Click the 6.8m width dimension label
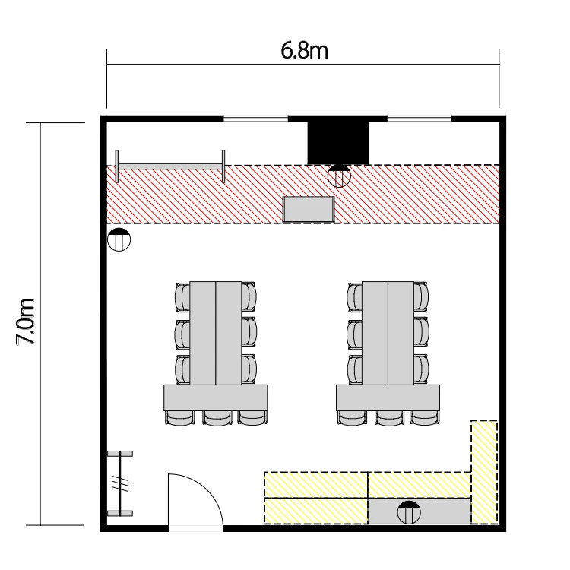[x=304, y=50]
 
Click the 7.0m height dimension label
[x=25, y=321]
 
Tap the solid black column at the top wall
[x=338, y=143]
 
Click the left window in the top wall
[x=255, y=119]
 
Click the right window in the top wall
[x=419, y=119]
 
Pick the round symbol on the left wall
[x=119, y=239]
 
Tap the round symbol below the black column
[x=339, y=176]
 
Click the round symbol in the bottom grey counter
[x=409, y=512]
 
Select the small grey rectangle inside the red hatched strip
[x=309, y=209]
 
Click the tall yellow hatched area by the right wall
[x=484, y=472]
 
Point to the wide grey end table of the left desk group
[x=216, y=397]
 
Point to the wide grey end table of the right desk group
[x=388, y=397]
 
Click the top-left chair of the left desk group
[x=182, y=297]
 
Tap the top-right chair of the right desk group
[x=421, y=296]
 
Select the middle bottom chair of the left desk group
[x=217, y=418]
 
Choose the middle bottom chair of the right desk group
[x=389, y=418]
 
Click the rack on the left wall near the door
[x=120, y=483]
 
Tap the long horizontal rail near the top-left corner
[x=169, y=166]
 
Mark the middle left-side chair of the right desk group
[x=354, y=334]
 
